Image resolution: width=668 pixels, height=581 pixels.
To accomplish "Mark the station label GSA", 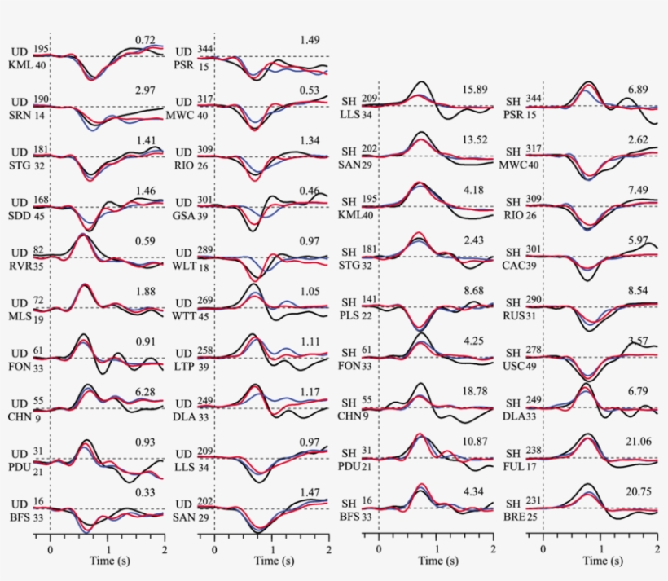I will pyautogui.click(x=184, y=215).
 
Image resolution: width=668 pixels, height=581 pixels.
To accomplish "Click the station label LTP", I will pyautogui.click(x=184, y=367).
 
